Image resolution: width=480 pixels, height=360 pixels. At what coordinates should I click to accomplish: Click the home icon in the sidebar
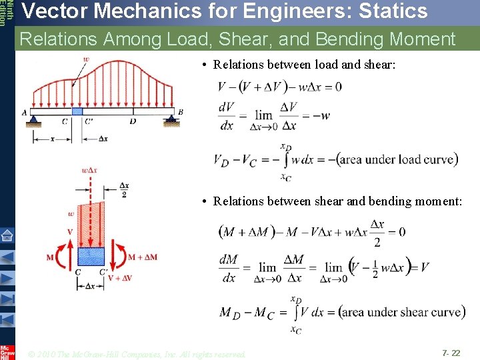pos(7,235)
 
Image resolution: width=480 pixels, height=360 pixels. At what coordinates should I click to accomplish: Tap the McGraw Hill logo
pos(7,351)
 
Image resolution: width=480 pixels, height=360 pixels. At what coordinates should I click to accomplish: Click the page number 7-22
pos(451,352)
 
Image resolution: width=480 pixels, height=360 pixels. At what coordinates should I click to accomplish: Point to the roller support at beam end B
pos(173,117)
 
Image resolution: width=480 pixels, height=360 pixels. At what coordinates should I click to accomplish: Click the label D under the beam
pos(133,121)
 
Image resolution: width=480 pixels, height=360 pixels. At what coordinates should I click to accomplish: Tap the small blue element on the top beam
pos(77,111)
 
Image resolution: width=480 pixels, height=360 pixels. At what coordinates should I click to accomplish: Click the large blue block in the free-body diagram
pos(91,256)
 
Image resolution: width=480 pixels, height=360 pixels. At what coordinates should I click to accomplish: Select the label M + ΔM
pos(142,257)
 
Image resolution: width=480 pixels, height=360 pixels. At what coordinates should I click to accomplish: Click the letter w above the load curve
pos(86,59)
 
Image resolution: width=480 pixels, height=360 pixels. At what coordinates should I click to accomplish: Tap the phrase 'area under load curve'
pos(397,159)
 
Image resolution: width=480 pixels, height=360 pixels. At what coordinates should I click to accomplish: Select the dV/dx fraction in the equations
pos(226,116)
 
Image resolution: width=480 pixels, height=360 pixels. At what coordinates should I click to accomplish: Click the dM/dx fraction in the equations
pos(228,268)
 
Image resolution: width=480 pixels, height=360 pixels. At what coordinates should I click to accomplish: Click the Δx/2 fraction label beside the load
pos(124,190)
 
